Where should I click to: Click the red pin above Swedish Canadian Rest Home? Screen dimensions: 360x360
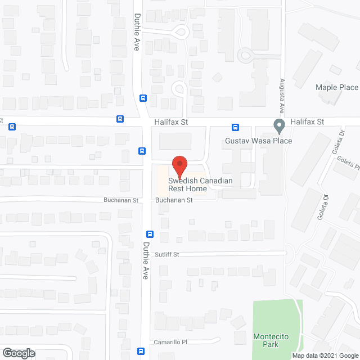click(179, 165)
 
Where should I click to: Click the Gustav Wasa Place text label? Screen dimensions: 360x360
click(258, 141)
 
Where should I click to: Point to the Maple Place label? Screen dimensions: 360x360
click(336, 87)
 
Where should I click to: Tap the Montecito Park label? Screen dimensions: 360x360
click(271, 341)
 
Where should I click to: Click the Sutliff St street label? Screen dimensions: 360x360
click(168, 254)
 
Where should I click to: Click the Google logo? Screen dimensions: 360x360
click(18, 353)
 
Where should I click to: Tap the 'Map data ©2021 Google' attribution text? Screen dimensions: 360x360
click(325, 355)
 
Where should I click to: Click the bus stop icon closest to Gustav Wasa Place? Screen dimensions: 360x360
click(236, 127)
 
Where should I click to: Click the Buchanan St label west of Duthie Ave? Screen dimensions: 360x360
click(120, 200)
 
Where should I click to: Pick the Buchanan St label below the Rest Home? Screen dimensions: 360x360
click(174, 200)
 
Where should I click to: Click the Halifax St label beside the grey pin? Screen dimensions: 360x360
click(307, 121)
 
